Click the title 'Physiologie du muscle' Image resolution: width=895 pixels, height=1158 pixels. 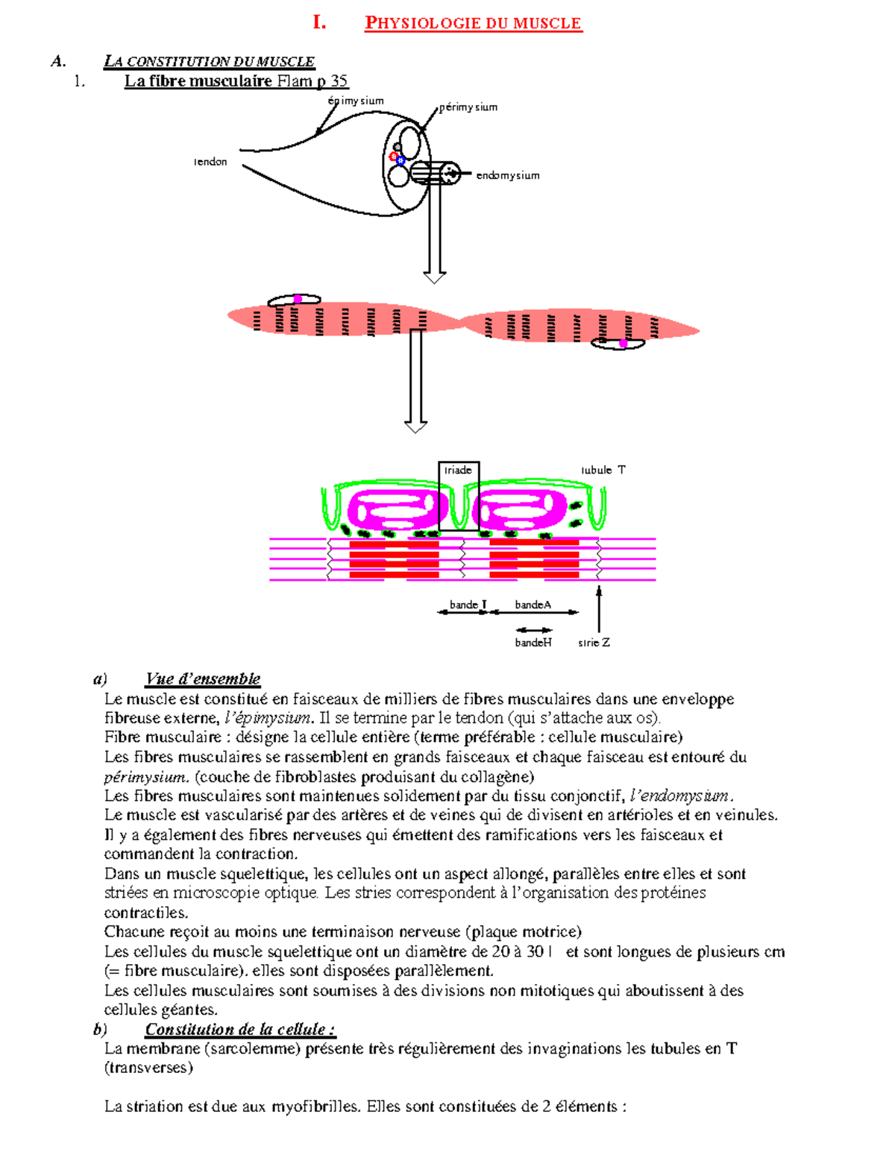pyautogui.click(x=473, y=23)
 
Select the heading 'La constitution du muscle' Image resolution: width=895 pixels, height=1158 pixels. pyautogui.click(x=209, y=61)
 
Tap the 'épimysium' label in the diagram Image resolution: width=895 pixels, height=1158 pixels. pyautogui.click(x=356, y=101)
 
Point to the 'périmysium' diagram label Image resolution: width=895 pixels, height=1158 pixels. pyautogui.click(x=468, y=107)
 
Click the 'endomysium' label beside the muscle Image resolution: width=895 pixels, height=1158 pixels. pyautogui.click(x=507, y=175)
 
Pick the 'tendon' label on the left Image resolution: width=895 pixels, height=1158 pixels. pyautogui.click(x=210, y=162)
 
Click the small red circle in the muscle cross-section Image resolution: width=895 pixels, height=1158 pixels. pyautogui.click(x=394, y=156)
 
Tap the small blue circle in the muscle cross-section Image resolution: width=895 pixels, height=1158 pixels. pyautogui.click(x=401, y=160)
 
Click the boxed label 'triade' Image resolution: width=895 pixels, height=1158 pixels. pyautogui.click(x=458, y=471)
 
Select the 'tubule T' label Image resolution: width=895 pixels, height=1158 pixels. pyautogui.click(x=603, y=470)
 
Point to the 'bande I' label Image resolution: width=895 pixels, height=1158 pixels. pyautogui.click(x=468, y=605)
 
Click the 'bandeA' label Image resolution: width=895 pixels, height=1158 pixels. pyautogui.click(x=533, y=605)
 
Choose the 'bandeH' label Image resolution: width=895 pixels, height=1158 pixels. pyautogui.click(x=533, y=642)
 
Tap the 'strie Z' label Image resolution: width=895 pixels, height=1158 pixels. pyautogui.click(x=594, y=642)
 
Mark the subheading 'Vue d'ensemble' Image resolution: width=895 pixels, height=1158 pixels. pyautogui.click(x=202, y=679)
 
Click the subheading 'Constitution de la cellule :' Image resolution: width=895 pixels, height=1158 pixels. pyautogui.click(x=239, y=1029)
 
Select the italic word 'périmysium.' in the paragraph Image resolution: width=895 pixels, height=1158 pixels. pyautogui.click(x=146, y=776)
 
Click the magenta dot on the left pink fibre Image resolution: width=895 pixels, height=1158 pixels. pyautogui.click(x=298, y=299)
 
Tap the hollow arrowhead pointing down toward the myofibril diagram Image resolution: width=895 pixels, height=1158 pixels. pyautogui.click(x=415, y=427)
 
